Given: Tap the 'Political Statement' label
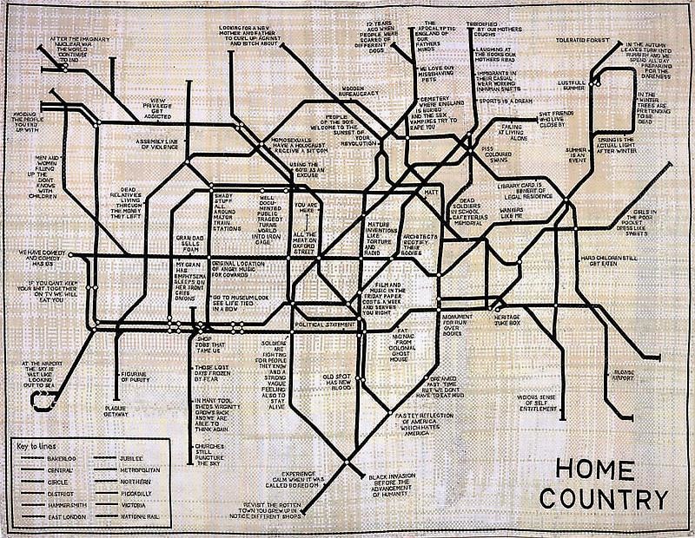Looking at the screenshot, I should pyautogui.click(x=326, y=325).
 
